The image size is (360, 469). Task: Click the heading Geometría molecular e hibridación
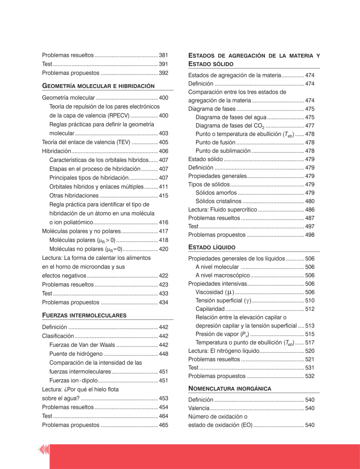pos(98,86)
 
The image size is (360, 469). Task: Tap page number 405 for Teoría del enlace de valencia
pos(163,143)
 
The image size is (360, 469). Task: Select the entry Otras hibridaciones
pos(74,195)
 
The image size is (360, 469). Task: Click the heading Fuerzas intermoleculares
pos(84,315)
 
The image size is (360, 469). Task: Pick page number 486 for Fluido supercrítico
pos(310,210)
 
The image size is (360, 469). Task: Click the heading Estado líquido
pos(212,247)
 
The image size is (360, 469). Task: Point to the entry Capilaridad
pos(210,309)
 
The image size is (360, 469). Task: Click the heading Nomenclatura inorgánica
pos(230,388)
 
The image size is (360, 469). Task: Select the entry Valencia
pos(199,408)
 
